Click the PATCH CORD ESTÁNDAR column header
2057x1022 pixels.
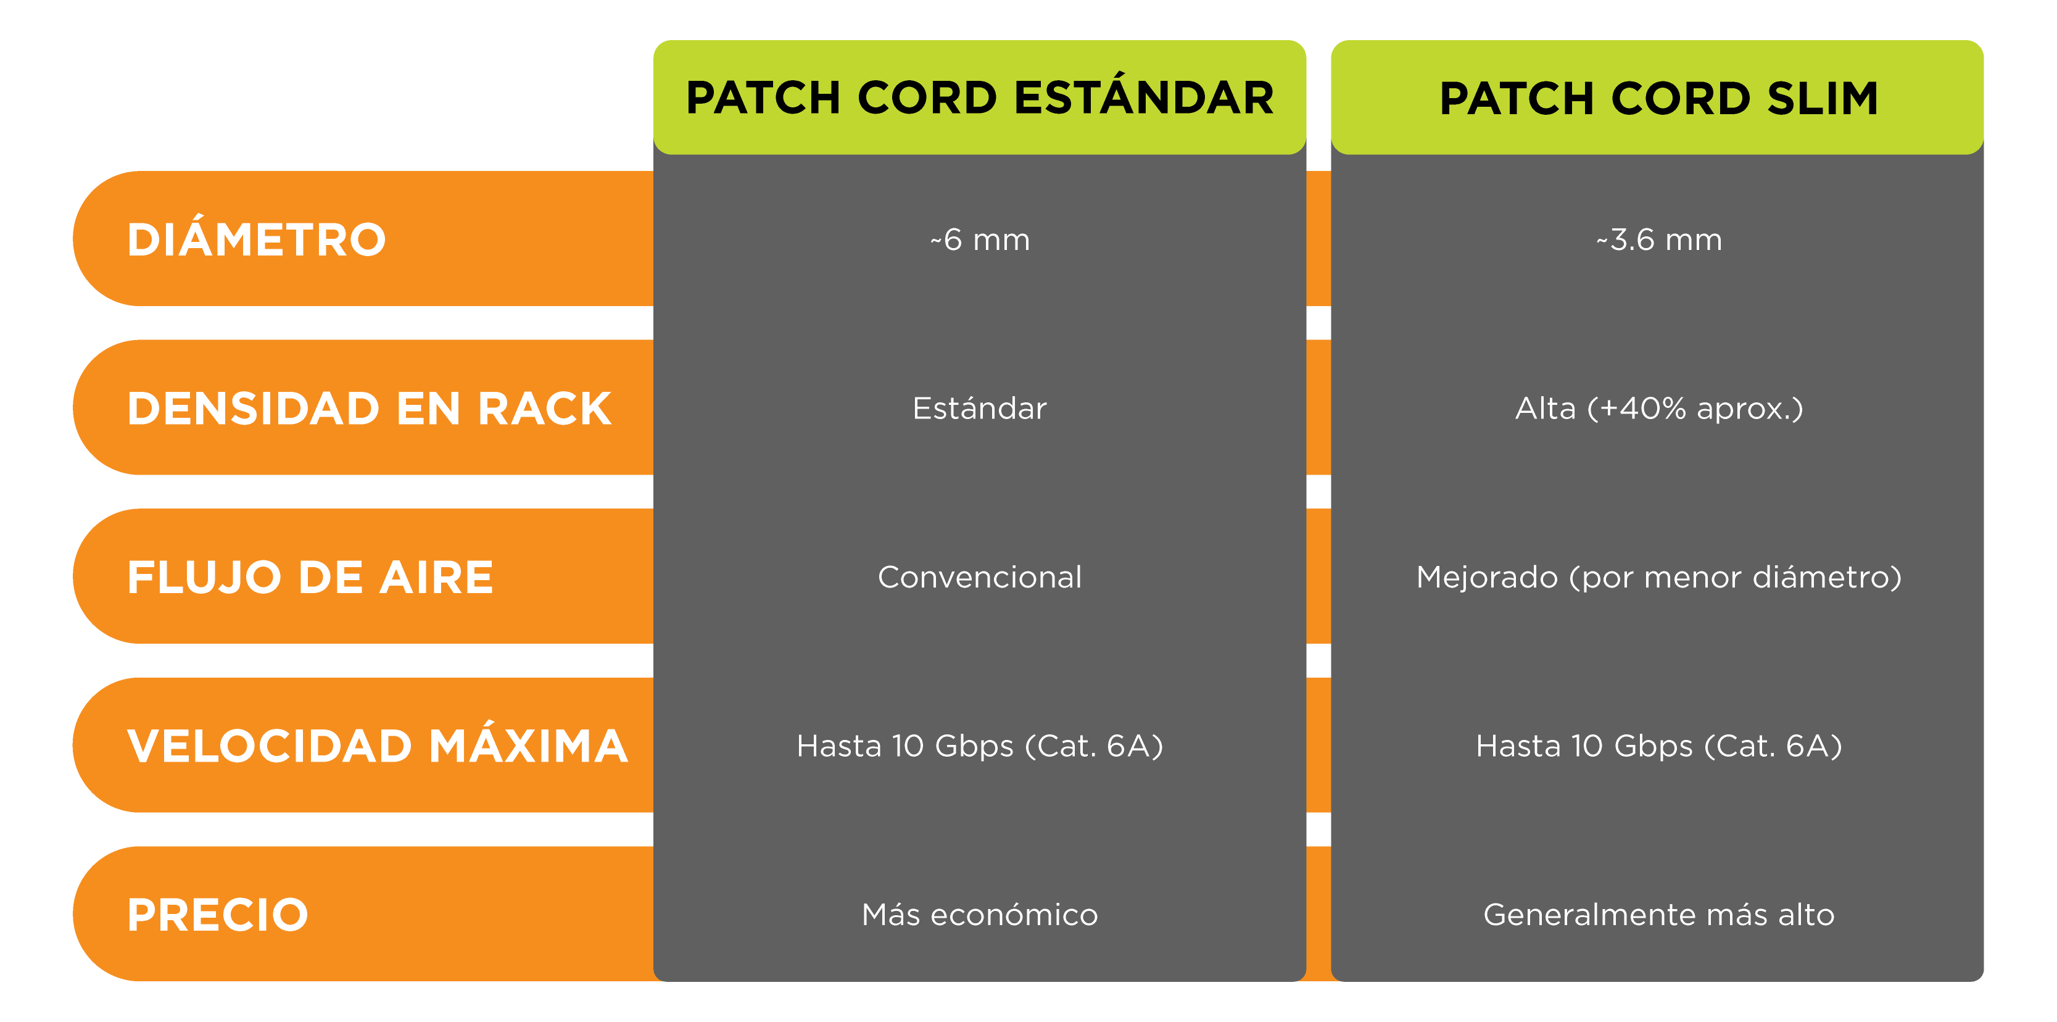(x=979, y=98)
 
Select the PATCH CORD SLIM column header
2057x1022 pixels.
(x=1658, y=98)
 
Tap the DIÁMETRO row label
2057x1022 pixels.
(x=256, y=239)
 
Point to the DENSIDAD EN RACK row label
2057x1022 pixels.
(x=369, y=409)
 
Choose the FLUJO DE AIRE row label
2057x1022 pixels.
(x=310, y=577)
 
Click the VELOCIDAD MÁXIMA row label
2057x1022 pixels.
(x=377, y=746)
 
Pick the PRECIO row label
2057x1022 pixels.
(x=217, y=914)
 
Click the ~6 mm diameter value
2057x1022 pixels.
(x=980, y=239)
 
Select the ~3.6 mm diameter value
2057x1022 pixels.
(x=1658, y=239)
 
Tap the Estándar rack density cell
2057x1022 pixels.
(x=980, y=409)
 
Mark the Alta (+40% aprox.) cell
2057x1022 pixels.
(x=1658, y=409)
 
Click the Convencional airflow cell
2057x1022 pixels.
(x=980, y=577)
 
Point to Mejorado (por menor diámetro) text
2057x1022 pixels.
(x=1658, y=577)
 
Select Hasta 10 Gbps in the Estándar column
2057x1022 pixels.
(x=980, y=746)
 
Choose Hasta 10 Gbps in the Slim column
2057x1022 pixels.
(x=1658, y=746)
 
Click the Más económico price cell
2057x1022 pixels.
(x=980, y=914)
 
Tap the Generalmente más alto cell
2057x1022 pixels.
(x=1658, y=914)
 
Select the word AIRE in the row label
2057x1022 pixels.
(x=436, y=577)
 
